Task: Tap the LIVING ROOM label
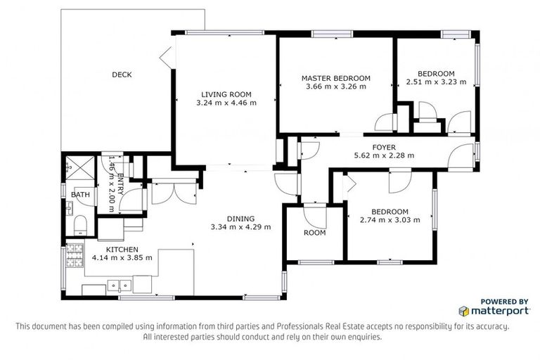(226, 94)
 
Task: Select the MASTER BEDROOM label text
(335, 78)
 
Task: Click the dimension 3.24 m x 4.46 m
(226, 103)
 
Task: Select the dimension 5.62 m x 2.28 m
(383, 155)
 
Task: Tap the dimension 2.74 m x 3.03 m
(390, 220)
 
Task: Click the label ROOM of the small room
(314, 233)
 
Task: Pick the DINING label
(240, 219)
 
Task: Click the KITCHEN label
(122, 250)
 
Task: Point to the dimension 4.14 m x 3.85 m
(122, 257)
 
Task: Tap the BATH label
(81, 195)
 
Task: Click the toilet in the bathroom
(79, 224)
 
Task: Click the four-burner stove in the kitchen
(72, 260)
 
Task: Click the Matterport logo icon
(463, 310)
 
